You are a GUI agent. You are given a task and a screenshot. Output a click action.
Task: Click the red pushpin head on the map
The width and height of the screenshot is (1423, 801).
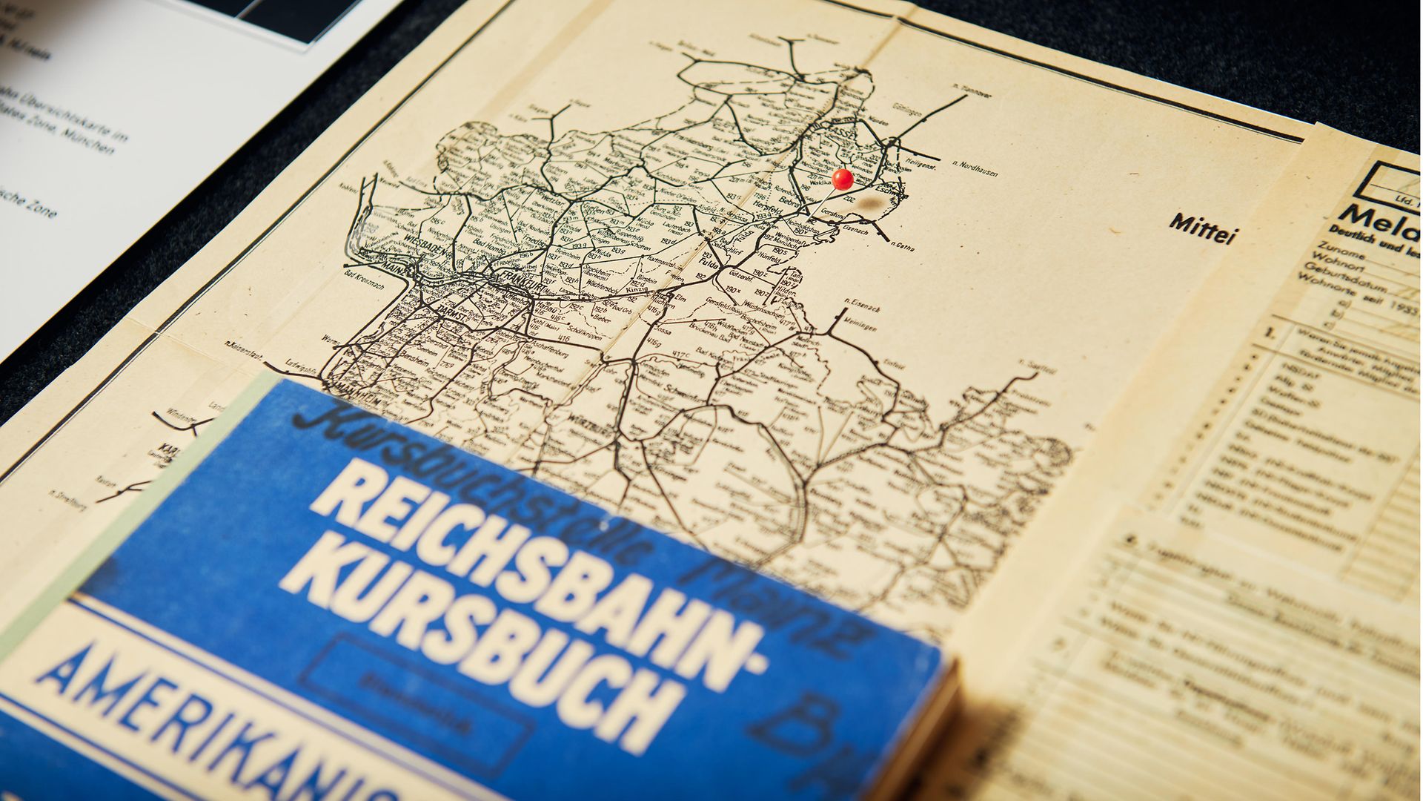(842, 179)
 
